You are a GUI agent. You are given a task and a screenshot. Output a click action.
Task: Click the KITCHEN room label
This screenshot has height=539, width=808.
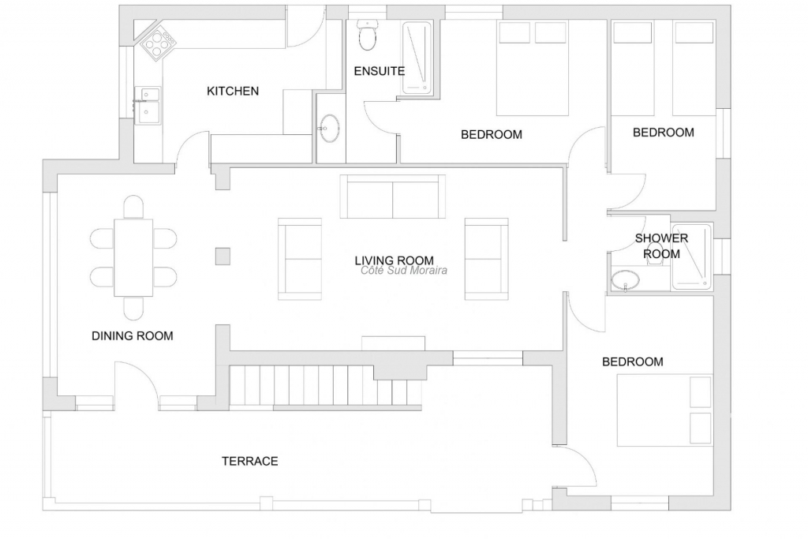click(233, 92)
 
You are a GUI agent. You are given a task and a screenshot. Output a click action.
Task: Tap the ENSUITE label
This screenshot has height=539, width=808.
click(380, 71)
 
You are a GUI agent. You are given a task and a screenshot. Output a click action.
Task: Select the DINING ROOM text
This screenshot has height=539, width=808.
click(133, 336)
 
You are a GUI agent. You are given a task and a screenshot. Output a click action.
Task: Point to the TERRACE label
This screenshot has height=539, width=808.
click(250, 461)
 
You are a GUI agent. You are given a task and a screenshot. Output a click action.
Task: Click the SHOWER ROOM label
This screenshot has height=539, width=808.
click(661, 245)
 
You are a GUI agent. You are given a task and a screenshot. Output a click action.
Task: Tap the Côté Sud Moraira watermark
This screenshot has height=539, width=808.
click(404, 271)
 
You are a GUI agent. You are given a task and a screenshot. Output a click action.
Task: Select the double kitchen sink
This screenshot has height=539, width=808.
click(147, 105)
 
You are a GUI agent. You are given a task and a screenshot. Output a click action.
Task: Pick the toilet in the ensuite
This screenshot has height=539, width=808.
click(367, 35)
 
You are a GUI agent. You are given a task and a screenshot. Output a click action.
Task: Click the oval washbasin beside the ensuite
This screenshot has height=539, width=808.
click(329, 127)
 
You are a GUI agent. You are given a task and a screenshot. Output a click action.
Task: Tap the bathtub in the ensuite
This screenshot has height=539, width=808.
click(417, 58)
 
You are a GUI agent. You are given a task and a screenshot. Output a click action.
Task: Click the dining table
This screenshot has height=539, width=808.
click(133, 257)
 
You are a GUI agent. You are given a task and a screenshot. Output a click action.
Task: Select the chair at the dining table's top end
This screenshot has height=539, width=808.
click(133, 207)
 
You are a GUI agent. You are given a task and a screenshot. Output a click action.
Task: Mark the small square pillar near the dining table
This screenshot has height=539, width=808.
click(223, 256)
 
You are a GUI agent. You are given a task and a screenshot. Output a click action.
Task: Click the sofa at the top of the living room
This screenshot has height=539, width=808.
click(393, 197)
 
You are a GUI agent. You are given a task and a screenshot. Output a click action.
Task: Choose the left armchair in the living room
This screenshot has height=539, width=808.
click(300, 259)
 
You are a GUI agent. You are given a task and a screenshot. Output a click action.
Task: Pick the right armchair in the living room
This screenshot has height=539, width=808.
click(486, 259)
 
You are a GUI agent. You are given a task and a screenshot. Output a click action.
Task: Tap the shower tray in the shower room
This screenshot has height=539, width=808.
click(691, 256)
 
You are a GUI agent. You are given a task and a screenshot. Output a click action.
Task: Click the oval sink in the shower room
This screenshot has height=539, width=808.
click(626, 280)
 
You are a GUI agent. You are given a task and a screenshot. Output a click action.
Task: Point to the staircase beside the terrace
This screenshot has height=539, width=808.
click(327, 387)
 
